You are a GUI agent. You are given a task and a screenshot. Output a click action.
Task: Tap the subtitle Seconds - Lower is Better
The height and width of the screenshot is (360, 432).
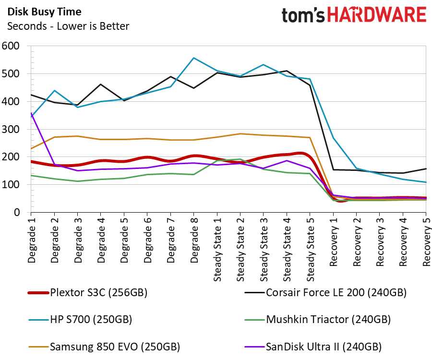click(x=68, y=26)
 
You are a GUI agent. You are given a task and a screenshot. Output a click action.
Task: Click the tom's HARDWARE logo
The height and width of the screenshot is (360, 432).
click(x=354, y=15)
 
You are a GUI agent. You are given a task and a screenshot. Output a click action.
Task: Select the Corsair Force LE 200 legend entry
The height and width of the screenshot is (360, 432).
click(x=336, y=292)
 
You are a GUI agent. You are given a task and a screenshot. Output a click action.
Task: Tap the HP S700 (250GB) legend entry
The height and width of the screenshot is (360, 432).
click(x=91, y=319)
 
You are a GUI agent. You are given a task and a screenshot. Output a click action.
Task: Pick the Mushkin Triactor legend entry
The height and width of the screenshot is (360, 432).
click(x=328, y=319)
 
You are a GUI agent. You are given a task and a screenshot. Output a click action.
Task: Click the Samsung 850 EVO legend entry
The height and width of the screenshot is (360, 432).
click(x=115, y=346)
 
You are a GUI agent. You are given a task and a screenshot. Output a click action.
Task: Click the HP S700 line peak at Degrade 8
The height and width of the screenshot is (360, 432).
click(x=193, y=58)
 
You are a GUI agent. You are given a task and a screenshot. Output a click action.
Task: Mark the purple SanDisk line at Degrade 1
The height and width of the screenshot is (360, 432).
click(x=31, y=113)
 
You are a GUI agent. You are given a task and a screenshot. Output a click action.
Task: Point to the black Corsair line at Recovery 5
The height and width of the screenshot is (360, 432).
click(x=426, y=168)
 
